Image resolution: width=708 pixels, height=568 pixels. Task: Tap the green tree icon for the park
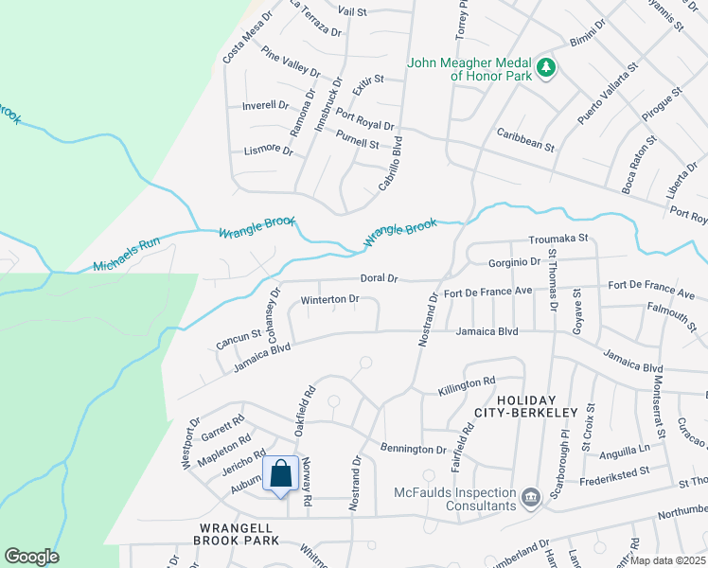point(545,67)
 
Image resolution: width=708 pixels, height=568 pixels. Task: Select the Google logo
point(31,557)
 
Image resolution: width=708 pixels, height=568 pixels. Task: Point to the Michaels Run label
point(127,254)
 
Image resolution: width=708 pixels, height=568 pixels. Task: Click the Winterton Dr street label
point(329,299)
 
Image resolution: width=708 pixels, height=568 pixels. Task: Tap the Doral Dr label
point(379,278)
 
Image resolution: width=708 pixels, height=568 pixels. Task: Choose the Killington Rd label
point(467,385)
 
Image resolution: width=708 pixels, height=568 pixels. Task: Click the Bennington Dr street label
point(413,448)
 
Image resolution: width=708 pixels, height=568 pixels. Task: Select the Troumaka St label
point(558,238)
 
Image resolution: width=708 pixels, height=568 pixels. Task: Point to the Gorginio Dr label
point(514,260)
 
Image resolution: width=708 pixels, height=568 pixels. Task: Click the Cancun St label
point(238,338)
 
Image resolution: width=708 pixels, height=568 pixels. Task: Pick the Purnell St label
point(356,144)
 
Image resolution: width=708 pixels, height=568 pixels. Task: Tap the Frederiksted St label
point(615,470)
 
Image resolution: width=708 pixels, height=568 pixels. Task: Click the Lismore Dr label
point(268,149)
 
